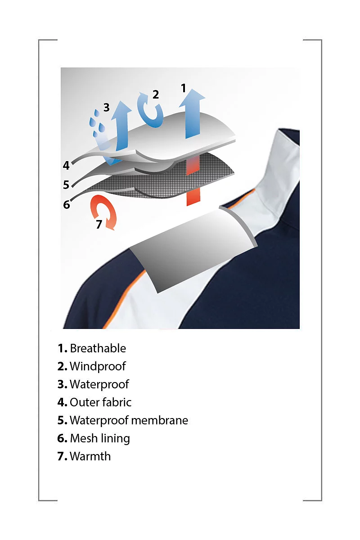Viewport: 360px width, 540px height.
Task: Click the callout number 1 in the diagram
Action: pos(184,88)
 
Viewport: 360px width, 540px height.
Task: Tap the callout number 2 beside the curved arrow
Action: pos(156,94)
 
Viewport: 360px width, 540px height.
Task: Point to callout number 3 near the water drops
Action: pos(106,107)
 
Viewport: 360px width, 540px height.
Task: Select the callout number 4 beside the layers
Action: pos(66,166)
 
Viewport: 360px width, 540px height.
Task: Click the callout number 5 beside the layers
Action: pos(66,185)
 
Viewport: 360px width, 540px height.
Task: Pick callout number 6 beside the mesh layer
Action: pos(66,205)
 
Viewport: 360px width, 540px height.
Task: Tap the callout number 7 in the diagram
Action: pos(99,224)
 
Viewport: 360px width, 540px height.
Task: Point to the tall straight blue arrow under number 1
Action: pos(192,113)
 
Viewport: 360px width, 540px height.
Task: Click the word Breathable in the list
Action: pos(98,348)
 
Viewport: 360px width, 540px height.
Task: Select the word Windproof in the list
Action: pos(98,366)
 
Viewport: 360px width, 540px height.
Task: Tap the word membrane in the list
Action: pos(160,420)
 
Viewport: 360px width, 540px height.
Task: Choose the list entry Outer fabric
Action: pos(100,402)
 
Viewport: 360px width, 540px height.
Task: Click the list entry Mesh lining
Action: pos(100,438)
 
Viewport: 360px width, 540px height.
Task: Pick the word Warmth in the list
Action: pos(90,456)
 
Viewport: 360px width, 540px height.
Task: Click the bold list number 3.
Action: pos(62,384)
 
